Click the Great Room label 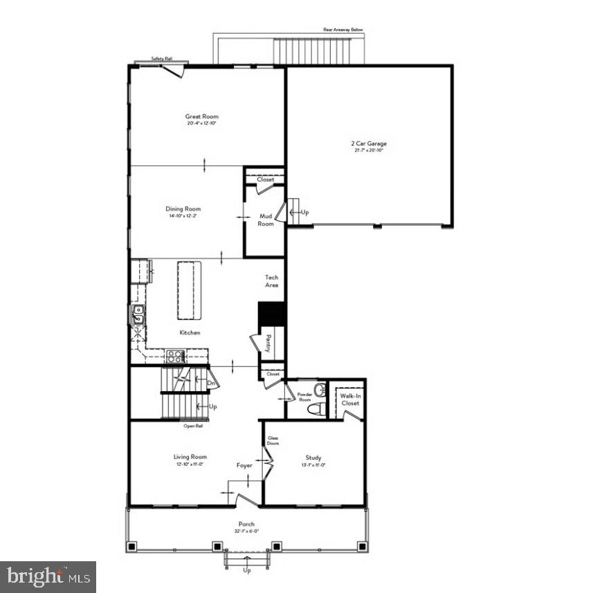pyautogui.click(x=201, y=117)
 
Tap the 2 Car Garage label pyautogui.click(x=368, y=144)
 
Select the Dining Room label pyautogui.click(x=183, y=209)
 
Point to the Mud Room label pyautogui.click(x=266, y=220)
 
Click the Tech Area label pyautogui.click(x=272, y=281)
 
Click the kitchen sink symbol pyautogui.click(x=137, y=314)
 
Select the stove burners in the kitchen pyautogui.click(x=174, y=357)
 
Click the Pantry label pyautogui.click(x=268, y=343)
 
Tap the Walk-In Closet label pyautogui.click(x=349, y=399)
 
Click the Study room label pyautogui.click(x=313, y=458)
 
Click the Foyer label pyautogui.click(x=244, y=466)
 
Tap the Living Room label pyautogui.click(x=190, y=457)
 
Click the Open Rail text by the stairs pyautogui.click(x=193, y=426)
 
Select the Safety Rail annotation pyautogui.click(x=162, y=59)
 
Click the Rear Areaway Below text pyautogui.click(x=343, y=30)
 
